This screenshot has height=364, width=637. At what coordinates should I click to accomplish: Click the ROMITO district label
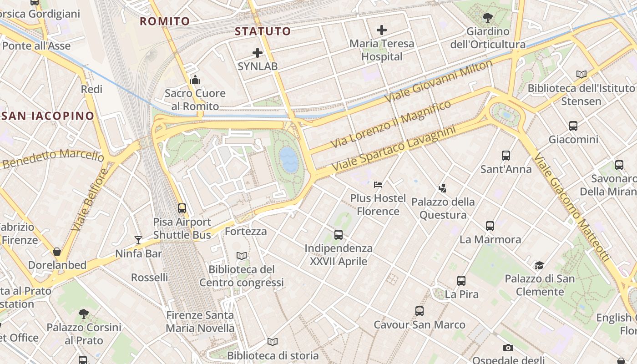164,21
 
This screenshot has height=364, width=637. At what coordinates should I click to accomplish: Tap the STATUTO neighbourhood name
263,31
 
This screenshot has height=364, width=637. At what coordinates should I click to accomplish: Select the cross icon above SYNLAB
258,53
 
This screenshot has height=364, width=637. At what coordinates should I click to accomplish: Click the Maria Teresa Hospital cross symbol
381,30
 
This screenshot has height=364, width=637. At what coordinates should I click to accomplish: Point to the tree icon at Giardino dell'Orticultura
487,18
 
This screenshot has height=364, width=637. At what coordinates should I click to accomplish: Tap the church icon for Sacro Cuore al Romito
195,80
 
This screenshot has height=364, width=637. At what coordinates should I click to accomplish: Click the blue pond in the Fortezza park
288,159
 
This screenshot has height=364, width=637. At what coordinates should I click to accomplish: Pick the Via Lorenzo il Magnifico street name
391,124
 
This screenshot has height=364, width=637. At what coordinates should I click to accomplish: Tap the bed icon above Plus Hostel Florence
378,184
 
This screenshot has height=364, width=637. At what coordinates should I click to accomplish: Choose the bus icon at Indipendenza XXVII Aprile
338,235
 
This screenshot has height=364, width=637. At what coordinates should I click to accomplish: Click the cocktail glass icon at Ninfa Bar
138,240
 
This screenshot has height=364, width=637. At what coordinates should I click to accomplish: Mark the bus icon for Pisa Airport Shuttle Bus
182,208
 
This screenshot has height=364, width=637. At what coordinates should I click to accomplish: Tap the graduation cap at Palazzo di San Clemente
539,265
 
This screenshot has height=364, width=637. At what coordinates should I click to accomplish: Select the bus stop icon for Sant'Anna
506,156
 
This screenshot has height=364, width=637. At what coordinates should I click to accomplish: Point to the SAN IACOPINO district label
47,116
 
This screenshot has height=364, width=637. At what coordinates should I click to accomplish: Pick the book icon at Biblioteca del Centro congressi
242,256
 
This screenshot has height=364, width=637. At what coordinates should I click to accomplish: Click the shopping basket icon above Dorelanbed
57,252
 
